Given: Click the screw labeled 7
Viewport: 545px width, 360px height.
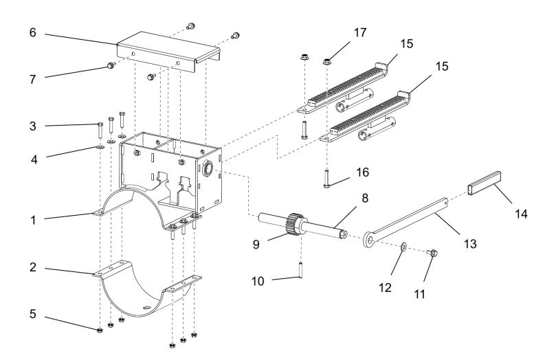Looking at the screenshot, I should [x=109, y=66].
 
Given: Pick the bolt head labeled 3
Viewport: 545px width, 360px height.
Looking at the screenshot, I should [x=101, y=126].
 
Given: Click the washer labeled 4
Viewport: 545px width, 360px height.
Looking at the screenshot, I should [x=101, y=146].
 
